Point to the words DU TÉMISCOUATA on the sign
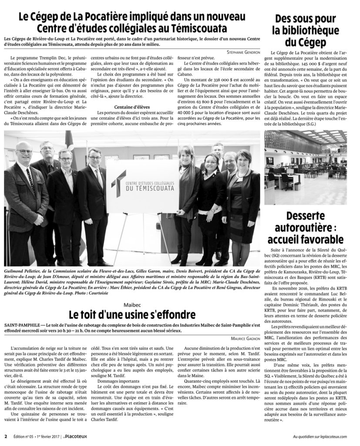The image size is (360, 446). click(x=148, y=190)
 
